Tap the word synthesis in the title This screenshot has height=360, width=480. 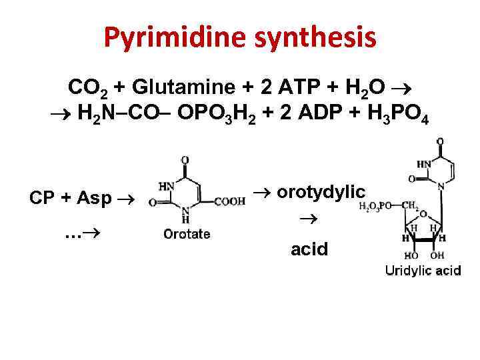(312, 39)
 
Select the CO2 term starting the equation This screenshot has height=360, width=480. (86, 87)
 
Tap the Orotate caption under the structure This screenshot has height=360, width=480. (187, 234)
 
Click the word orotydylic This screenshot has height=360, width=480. (321, 193)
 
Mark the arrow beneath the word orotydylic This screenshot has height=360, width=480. (309, 219)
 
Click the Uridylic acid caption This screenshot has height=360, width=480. (423, 271)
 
